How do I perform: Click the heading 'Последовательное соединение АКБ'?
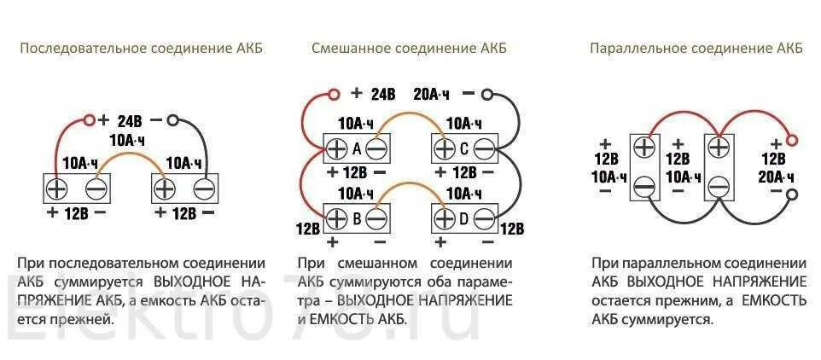point(141,49)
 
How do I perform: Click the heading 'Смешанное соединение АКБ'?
point(410,49)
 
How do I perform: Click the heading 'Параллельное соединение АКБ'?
point(696,49)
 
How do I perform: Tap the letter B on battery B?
point(357,219)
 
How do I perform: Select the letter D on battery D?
point(464,219)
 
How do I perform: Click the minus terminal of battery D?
point(485,219)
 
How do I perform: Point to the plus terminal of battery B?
point(335,219)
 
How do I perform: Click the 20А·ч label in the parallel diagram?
point(776,177)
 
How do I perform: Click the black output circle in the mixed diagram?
point(489,92)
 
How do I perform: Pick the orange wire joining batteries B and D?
point(410,189)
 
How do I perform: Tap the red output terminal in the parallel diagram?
point(792,139)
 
